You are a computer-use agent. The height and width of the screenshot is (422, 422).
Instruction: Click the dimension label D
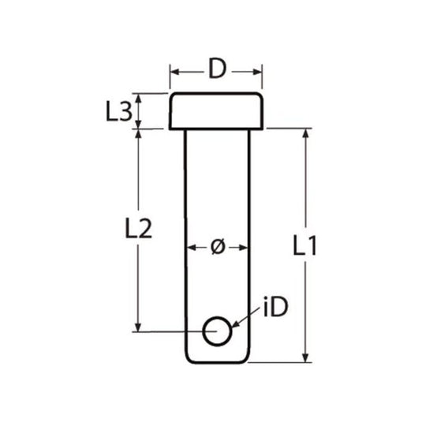pos(217,70)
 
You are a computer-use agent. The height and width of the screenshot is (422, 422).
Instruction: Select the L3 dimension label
pos(118,112)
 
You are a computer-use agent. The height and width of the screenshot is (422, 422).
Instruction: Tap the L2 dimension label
pos(138,228)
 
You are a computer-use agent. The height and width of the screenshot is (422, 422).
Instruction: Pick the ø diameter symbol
pos(218,247)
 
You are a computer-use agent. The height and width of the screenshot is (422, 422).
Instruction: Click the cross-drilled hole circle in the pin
pos(217,332)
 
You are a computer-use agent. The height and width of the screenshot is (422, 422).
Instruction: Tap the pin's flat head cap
pos(216,111)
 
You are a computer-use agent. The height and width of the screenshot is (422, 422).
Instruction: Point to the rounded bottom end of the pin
pos(217,359)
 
